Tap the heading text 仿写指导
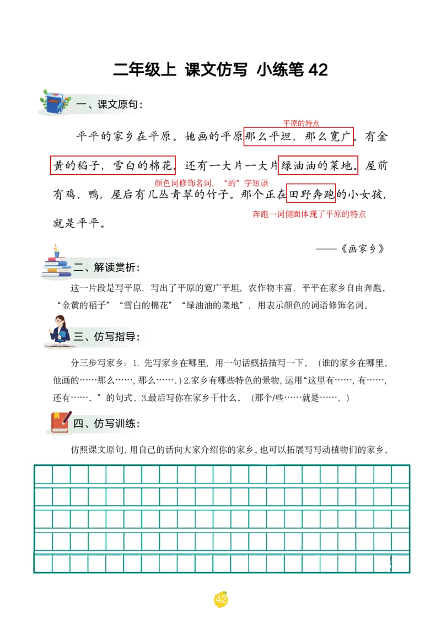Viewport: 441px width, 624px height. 114,336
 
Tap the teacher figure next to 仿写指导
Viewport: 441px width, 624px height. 59,330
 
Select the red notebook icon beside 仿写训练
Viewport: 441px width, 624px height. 60,422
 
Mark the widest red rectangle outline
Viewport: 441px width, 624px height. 112,165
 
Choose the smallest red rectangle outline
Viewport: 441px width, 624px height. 311,193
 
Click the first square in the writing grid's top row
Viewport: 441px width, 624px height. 43,474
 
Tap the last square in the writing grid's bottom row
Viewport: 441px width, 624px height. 400,563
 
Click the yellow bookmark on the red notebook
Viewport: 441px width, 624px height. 56,415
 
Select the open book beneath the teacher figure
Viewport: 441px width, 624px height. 59,346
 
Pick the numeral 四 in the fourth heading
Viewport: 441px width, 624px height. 78,423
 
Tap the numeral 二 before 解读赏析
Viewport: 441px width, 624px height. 79,268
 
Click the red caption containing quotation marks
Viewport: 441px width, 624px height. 212,184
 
